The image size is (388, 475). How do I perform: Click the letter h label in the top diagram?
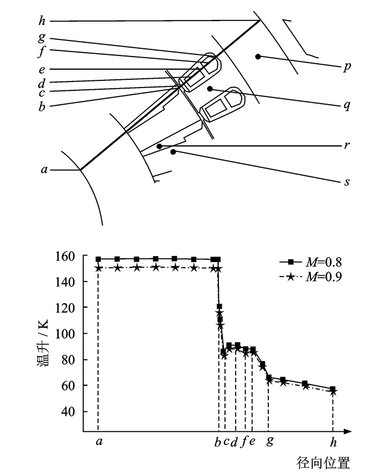tap(42, 21)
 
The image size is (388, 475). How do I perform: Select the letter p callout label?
tap(347, 67)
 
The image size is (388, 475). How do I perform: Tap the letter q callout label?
tap(347, 105)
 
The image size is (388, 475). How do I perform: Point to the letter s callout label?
tap(347, 182)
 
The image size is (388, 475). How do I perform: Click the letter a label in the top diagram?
tap(44, 170)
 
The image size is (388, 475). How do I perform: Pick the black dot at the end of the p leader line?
tap(258, 57)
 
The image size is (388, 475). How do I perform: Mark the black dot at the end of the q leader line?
tap(210, 89)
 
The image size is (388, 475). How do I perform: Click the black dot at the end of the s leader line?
tap(173, 152)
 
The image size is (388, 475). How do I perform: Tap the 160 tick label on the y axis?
tap(65, 256)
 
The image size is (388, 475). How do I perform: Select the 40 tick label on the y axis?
tap(68, 411)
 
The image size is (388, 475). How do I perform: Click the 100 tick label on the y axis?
tap(65, 334)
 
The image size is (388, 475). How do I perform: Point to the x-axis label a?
tap(99, 442)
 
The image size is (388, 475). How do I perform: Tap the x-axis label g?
tap(270, 441)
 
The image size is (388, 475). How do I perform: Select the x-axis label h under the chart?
tap(333, 442)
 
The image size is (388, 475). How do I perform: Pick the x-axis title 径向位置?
tap(323, 463)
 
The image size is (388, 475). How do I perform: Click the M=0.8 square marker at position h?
tap(333, 389)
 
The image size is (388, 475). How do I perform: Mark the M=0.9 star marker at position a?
tap(98, 268)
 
